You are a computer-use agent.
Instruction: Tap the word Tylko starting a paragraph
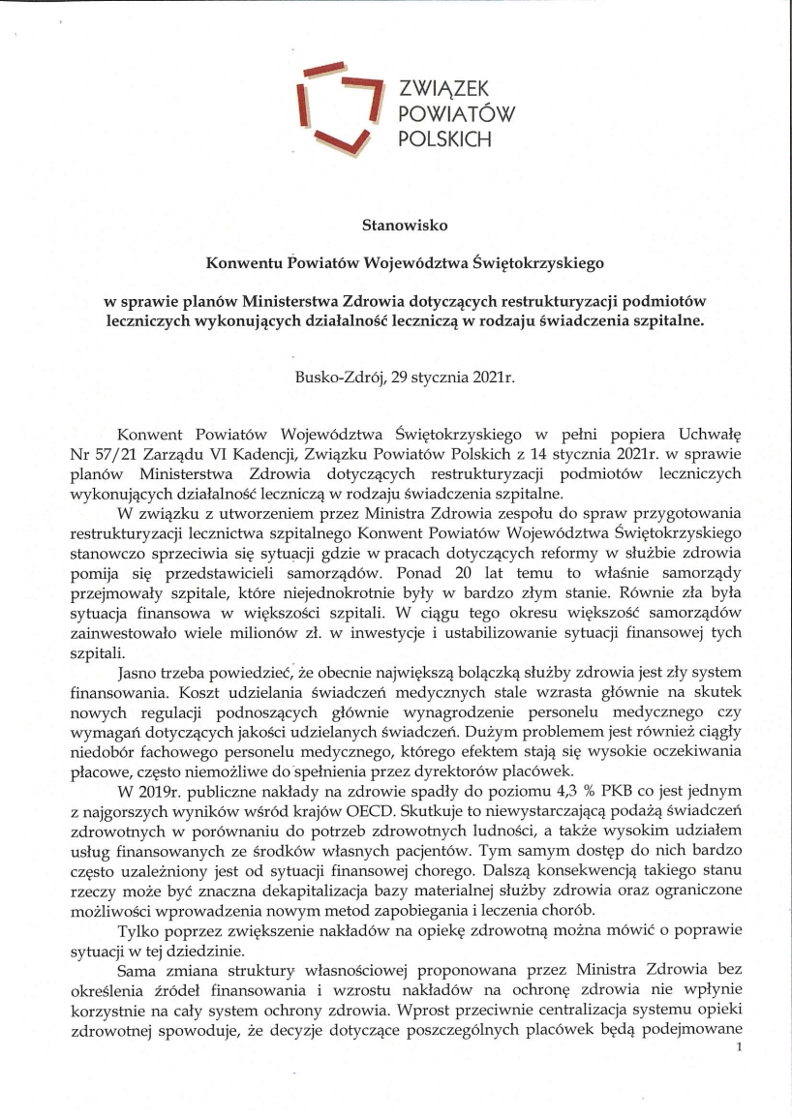tap(137, 932)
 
